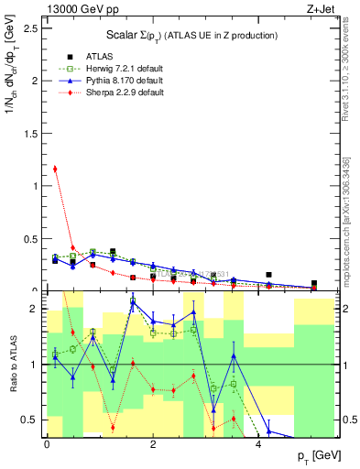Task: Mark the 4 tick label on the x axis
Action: (x=258, y=443)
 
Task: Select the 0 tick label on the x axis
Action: (x=47, y=443)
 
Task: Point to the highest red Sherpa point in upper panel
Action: (x=55, y=169)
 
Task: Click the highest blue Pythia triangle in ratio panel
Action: (x=133, y=301)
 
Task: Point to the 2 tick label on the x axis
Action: (x=152, y=443)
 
